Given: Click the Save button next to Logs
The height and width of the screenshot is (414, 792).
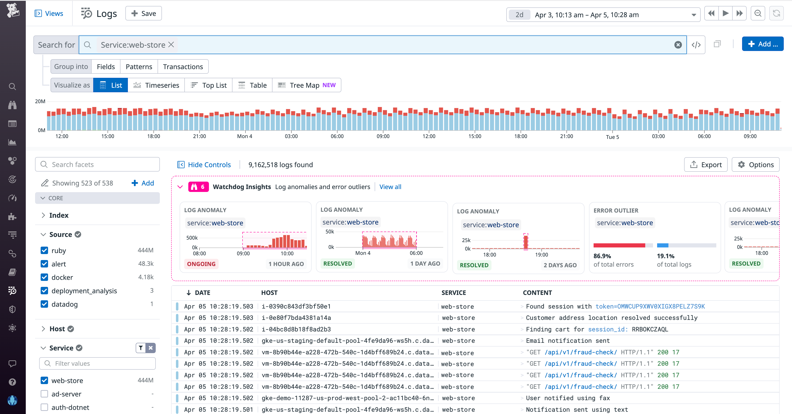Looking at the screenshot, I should click(144, 14).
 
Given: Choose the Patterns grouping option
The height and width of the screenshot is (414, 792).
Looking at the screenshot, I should click(139, 67).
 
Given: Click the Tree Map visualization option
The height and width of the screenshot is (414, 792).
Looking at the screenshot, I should click(306, 85).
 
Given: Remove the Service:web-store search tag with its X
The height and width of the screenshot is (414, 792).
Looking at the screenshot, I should click(171, 45).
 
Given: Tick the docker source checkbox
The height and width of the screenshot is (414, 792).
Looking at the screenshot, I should click(44, 277).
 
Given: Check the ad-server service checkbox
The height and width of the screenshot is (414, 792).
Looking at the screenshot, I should click(44, 394).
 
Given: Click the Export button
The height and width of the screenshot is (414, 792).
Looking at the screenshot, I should click(706, 164).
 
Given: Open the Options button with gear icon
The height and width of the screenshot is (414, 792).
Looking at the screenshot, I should click(756, 164).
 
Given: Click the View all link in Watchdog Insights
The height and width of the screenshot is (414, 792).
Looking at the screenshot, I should click(390, 187).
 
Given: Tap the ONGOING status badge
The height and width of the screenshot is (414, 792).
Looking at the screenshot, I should click(201, 264).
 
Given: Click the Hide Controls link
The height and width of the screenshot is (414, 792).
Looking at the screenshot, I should click(209, 164).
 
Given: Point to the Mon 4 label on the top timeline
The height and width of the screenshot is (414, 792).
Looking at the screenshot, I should click(244, 136).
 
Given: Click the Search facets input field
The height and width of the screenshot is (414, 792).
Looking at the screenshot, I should click(101, 164).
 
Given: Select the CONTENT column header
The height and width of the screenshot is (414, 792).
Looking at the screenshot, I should click(537, 292).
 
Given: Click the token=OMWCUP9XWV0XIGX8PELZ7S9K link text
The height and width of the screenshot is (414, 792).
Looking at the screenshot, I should click(650, 306).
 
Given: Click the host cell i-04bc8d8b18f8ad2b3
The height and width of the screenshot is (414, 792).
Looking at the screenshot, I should click(296, 329).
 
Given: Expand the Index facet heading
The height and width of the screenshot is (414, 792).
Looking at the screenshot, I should click(59, 215).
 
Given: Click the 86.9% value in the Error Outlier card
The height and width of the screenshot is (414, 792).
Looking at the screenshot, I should click(602, 256).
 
